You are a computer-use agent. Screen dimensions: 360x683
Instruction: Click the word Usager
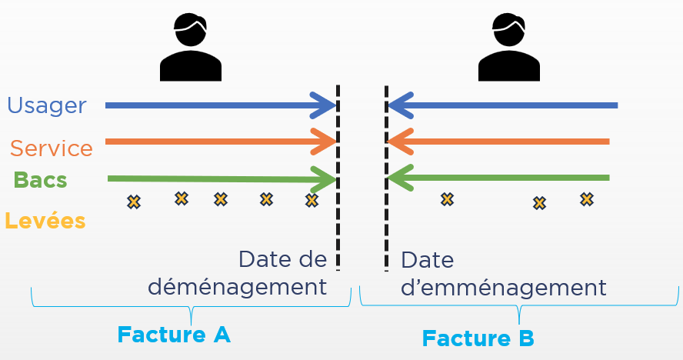(x=46, y=105)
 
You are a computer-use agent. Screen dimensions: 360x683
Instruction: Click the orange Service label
(x=52, y=148)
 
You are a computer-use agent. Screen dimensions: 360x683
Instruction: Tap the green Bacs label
(x=40, y=180)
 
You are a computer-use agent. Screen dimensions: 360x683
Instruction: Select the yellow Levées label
(x=45, y=222)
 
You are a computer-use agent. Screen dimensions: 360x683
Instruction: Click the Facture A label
(x=174, y=335)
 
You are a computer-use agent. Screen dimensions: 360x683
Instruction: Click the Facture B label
(x=478, y=338)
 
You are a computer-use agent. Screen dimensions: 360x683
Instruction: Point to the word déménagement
(x=237, y=287)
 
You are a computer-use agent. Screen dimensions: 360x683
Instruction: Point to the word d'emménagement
(x=504, y=287)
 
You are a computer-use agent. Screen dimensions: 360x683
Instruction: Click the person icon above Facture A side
(x=190, y=47)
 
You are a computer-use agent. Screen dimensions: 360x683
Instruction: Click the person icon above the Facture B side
(x=508, y=47)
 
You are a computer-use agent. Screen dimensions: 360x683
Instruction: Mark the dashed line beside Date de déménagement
(x=338, y=177)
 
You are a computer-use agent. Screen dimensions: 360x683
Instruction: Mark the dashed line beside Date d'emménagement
(x=386, y=177)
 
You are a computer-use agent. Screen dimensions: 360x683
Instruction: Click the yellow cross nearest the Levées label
(x=134, y=202)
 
